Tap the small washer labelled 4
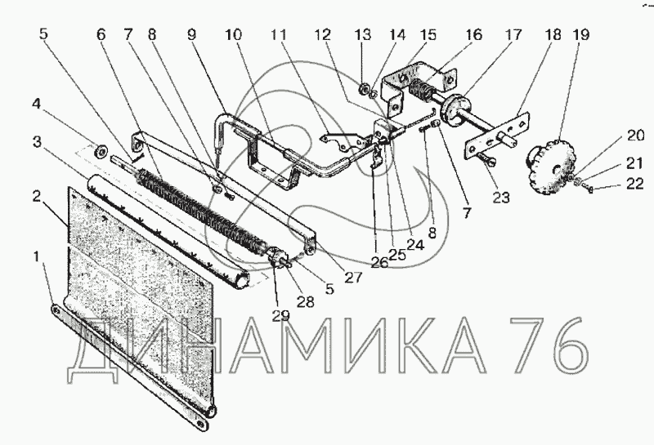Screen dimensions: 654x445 pos(102,151)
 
